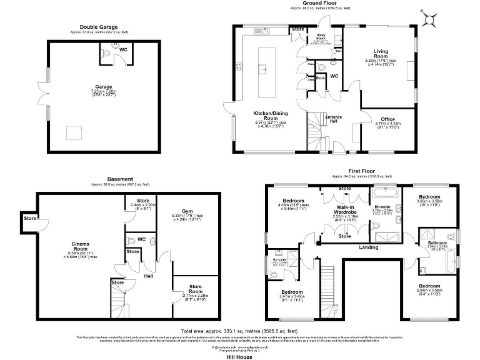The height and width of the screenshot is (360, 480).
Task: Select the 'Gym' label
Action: (187, 211)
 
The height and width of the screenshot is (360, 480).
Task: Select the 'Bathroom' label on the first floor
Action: (437, 242)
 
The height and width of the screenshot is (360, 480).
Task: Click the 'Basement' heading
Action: (120, 179)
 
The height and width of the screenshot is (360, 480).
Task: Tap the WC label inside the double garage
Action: (123, 49)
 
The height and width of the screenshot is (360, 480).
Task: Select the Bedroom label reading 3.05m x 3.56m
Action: (429, 197)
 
